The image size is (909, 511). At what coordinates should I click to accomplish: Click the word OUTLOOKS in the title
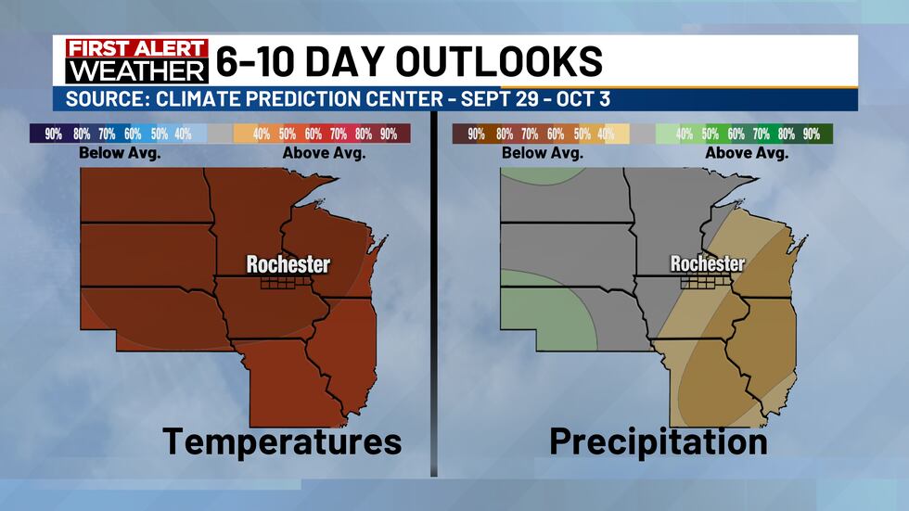pyautogui.click(x=500, y=61)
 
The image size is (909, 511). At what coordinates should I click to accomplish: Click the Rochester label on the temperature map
pyautogui.click(x=288, y=264)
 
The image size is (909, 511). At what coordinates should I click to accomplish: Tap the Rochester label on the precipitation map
pyautogui.click(x=708, y=264)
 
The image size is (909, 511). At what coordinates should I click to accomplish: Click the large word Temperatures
pyautogui.click(x=283, y=441)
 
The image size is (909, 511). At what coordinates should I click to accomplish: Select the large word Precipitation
pyautogui.click(x=659, y=441)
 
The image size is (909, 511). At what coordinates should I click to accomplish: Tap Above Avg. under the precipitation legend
pyautogui.click(x=747, y=153)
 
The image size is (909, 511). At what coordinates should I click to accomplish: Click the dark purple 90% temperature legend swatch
pyautogui.click(x=54, y=134)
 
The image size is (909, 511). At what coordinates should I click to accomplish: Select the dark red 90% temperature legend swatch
pyautogui.click(x=388, y=134)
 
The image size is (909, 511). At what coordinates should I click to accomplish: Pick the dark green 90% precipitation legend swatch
pyautogui.click(x=812, y=134)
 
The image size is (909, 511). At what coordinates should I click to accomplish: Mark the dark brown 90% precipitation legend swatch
pyautogui.click(x=476, y=134)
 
